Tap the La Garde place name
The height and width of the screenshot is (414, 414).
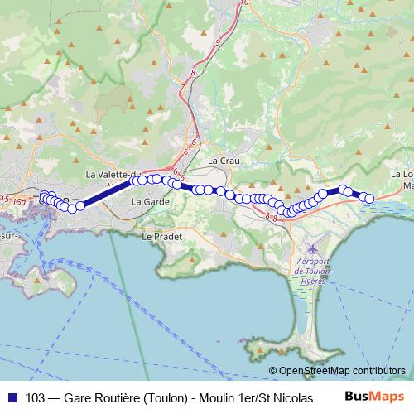click(151, 201)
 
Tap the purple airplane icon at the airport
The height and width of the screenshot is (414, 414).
click(312, 248)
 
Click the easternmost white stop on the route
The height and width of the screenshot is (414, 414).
click(369, 198)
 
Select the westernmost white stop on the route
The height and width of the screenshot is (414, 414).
click(44, 197)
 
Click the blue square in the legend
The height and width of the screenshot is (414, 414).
click(12, 397)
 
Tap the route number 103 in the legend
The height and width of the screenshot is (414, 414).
click(36, 397)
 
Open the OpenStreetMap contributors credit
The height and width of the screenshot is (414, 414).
click(341, 371)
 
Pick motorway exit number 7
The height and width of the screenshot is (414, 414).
click(181, 87)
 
